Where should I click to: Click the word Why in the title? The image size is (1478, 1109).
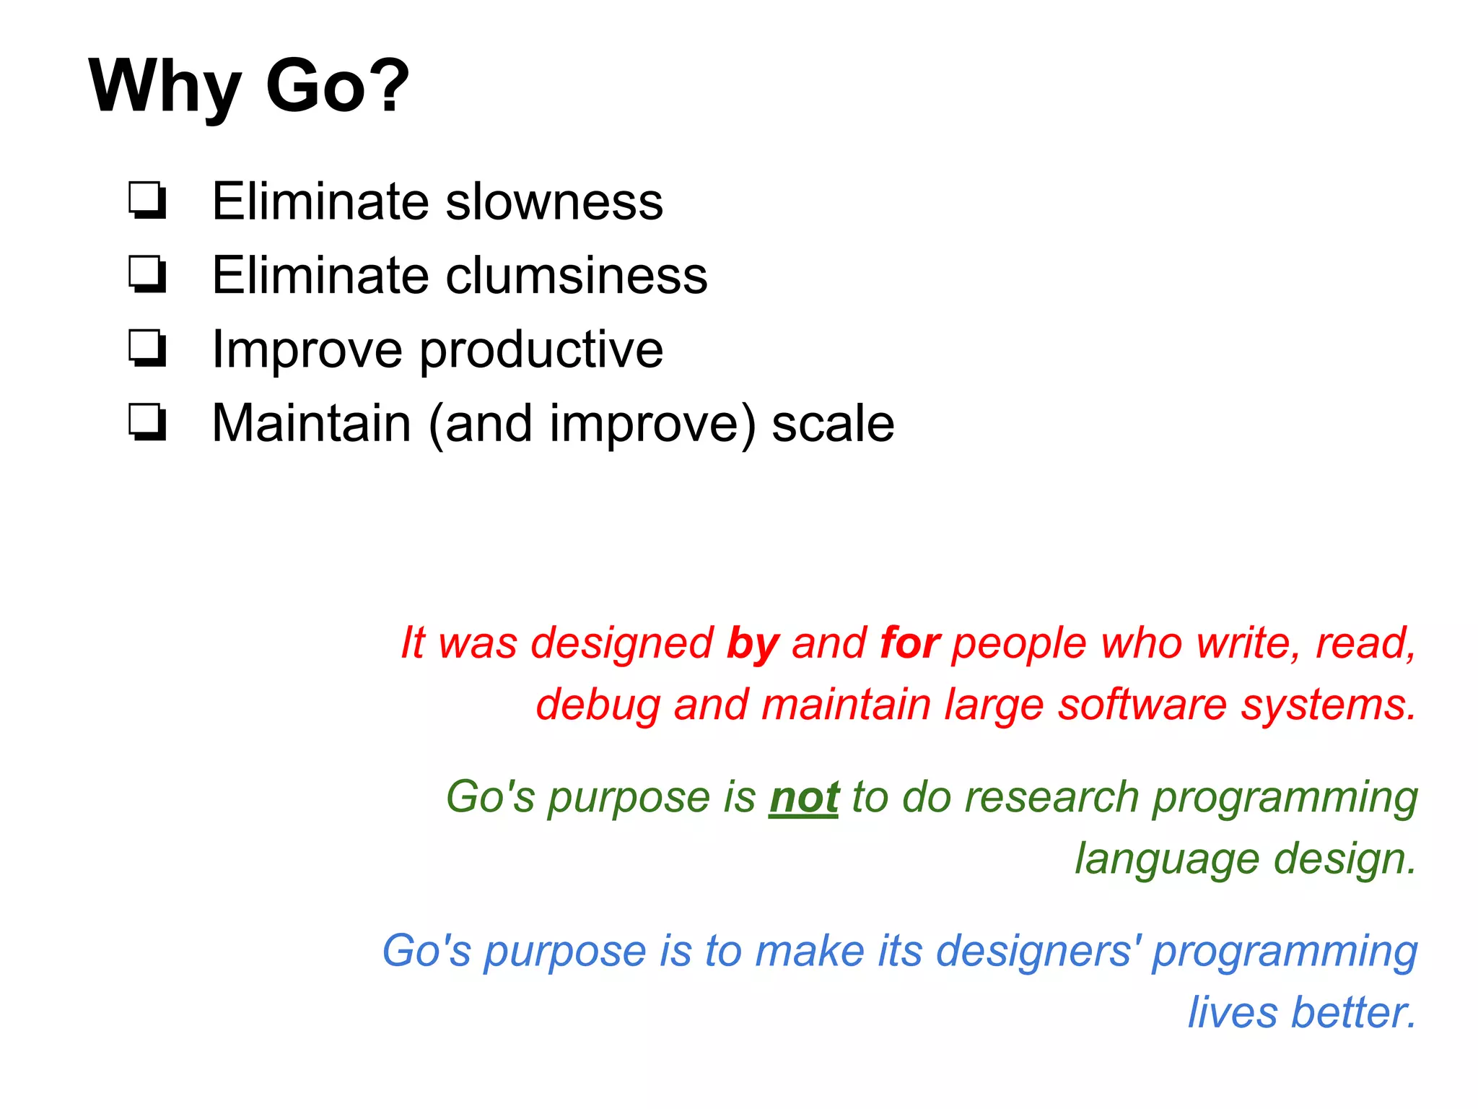(165, 87)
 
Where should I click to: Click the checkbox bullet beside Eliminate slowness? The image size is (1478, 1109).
(148, 201)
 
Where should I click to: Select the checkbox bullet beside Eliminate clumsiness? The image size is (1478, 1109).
(148, 275)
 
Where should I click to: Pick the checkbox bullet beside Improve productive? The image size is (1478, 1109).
(148, 349)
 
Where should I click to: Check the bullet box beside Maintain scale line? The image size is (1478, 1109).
(148, 423)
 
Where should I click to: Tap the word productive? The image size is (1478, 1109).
(541, 350)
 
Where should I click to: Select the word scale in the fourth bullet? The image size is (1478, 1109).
(833, 424)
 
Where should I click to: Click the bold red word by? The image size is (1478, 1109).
(753, 643)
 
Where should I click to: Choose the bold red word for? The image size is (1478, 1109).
(909, 643)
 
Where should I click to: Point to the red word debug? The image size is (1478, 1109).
(597, 705)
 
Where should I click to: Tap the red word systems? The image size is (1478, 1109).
(1328, 705)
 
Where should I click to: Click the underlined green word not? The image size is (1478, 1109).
(804, 798)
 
